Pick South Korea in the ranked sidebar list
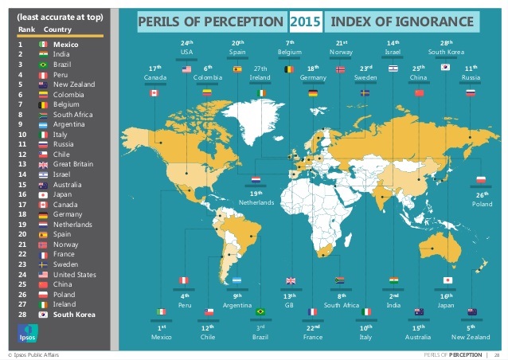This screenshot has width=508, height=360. point(73,315)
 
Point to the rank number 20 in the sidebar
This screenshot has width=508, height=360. point(23,235)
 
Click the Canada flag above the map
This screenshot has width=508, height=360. point(154,92)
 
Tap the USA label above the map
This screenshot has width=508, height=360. point(187,52)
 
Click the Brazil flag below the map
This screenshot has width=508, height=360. point(260,311)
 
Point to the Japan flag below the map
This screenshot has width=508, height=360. point(447,280)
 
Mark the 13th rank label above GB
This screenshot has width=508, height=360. point(290,295)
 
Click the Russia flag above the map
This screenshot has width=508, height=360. point(471,92)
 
